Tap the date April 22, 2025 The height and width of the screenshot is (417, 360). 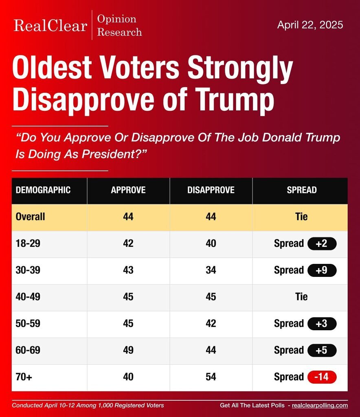(x=310, y=25)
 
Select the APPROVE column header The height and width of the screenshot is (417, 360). (x=128, y=190)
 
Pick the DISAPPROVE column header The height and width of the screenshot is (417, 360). (x=211, y=190)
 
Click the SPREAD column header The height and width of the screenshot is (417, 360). (x=301, y=190)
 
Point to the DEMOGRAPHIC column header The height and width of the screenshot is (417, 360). (x=43, y=190)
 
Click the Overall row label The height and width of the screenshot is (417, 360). (x=30, y=217)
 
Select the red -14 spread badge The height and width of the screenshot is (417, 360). (x=322, y=377)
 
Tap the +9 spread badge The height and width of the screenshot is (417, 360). (x=322, y=270)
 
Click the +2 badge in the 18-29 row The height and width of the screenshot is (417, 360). (x=322, y=244)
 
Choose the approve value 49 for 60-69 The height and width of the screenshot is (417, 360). (x=128, y=350)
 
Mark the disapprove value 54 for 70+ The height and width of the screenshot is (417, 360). (x=211, y=377)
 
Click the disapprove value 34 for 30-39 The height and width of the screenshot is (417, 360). (x=211, y=270)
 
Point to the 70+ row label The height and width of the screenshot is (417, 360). (x=24, y=377)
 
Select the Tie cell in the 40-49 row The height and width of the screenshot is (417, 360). (x=301, y=297)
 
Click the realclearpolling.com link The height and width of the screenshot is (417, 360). (x=320, y=405)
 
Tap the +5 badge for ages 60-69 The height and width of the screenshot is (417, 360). (x=322, y=350)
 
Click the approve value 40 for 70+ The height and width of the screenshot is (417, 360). (x=128, y=377)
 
